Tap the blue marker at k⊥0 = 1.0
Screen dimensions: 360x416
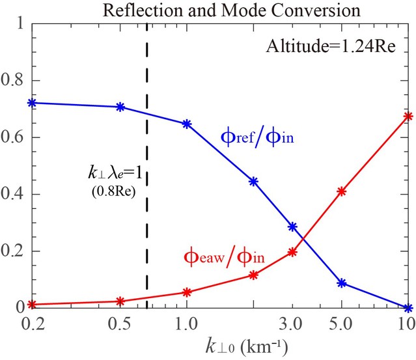[x=187, y=124]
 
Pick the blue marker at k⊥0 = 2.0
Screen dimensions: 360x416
[x=254, y=182]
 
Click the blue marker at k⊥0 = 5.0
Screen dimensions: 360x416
[x=341, y=283]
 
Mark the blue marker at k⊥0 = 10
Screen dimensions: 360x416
[x=408, y=307]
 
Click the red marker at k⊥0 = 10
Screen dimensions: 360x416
[x=408, y=117]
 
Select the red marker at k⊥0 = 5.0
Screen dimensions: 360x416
[x=341, y=191]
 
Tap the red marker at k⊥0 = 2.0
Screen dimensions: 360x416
[x=254, y=275]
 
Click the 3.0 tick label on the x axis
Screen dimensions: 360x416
[x=292, y=322]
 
